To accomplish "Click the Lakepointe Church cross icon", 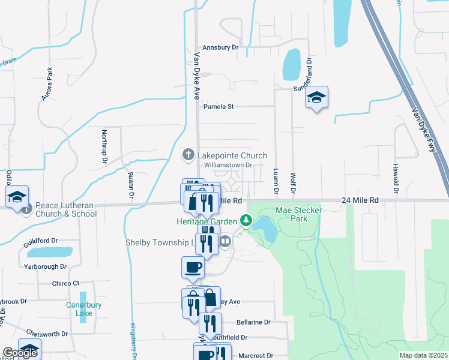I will point(188,155).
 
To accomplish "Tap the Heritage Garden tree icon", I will point(246,221).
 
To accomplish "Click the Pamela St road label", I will point(218,106).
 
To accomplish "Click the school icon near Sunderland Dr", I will point(316,98).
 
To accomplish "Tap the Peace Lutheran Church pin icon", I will point(26,209).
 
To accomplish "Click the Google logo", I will point(20,353).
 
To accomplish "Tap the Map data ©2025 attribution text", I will point(423,355).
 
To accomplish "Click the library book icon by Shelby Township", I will point(225,241).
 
